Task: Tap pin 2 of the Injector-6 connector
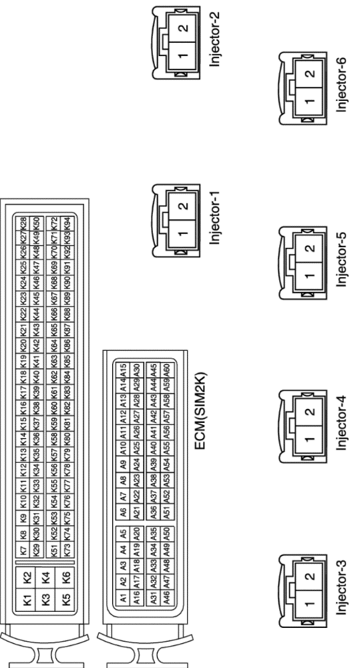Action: click(x=310, y=73)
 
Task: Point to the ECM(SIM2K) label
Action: click(x=200, y=411)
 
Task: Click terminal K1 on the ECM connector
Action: click(x=27, y=601)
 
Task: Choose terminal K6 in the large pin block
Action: click(x=65, y=578)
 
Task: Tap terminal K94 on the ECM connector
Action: click(x=66, y=223)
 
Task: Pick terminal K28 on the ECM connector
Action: click(x=24, y=223)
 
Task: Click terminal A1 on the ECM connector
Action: click(x=124, y=598)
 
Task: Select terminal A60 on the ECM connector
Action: click(x=167, y=370)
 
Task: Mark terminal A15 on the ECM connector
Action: click(x=124, y=370)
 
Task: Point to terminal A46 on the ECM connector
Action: click(x=167, y=598)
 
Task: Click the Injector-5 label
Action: click(x=342, y=260)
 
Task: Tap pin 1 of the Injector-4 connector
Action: click(x=309, y=440)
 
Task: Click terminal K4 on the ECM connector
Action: click(x=47, y=578)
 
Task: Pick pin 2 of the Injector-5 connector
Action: click(x=310, y=248)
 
